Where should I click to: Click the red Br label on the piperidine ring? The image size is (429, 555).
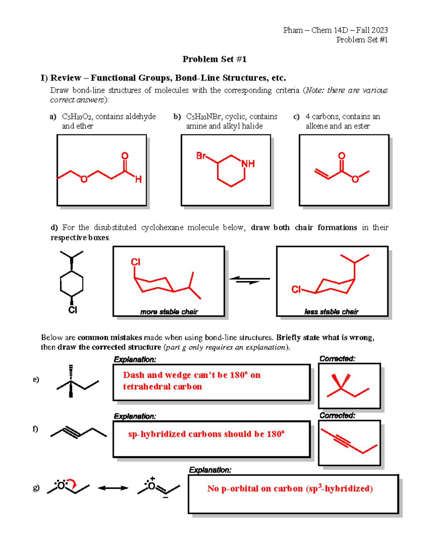tap(201, 156)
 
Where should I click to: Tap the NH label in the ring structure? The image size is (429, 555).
tap(248, 164)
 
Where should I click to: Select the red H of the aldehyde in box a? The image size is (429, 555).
tap(138, 179)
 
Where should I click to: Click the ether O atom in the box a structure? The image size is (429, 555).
tap(84, 179)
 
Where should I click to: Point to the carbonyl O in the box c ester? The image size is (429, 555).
tap(341, 156)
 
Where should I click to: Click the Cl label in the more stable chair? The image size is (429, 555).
tap(135, 262)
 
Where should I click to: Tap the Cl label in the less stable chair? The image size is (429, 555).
tap(296, 289)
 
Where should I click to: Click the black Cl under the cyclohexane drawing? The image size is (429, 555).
tap(73, 310)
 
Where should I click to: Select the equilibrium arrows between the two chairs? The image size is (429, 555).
tap(250, 280)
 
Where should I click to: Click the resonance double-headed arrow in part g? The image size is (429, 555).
tap(113, 488)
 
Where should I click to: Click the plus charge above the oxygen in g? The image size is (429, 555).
tap(153, 478)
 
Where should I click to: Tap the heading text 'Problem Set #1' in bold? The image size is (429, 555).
tap(214, 59)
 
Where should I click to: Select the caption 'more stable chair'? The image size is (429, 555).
tap(169, 312)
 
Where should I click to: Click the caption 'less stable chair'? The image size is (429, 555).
tap(331, 312)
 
